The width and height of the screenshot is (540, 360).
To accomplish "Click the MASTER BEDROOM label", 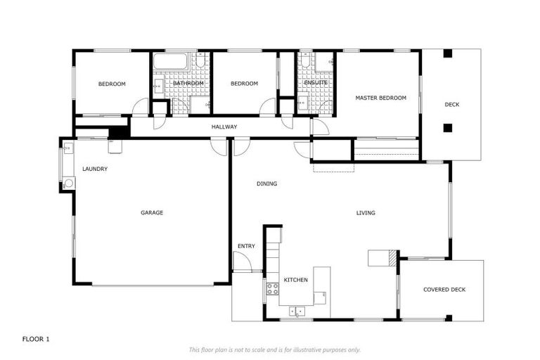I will pyautogui.click(x=380, y=98).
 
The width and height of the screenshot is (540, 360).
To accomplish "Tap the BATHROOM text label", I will pyautogui.click(x=188, y=84).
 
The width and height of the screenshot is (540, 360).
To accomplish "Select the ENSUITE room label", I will pyautogui.click(x=316, y=83).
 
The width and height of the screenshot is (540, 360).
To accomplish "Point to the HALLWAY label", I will pyautogui.click(x=224, y=127).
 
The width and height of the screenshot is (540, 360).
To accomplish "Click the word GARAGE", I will pyautogui.click(x=152, y=212).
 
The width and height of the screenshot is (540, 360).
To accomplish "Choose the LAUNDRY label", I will pyautogui.click(x=94, y=169).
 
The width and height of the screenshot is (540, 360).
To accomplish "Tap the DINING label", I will pyautogui.click(x=266, y=184).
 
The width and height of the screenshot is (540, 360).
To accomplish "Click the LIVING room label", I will pyautogui.click(x=366, y=212).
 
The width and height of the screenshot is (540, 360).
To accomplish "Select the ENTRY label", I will pyautogui.click(x=246, y=246).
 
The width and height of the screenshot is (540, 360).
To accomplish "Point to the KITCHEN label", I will pyautogui.click(x=295, y=280).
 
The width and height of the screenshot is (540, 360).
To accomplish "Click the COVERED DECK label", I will pyautogui.click(x=444, y=290).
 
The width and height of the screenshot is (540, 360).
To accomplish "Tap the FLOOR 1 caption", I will pyautogui.click(x=36, y=339).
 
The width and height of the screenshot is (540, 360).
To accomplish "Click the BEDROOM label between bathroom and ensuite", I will pyautogui.click(x=244, y=84).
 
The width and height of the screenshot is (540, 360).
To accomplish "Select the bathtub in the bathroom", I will pyautogui.click(x=170, y=62).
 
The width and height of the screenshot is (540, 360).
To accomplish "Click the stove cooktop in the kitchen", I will pyautogui.click(x=272, y=288).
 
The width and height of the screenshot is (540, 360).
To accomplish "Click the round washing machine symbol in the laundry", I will pyautogui.click(x=68, y=184).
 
